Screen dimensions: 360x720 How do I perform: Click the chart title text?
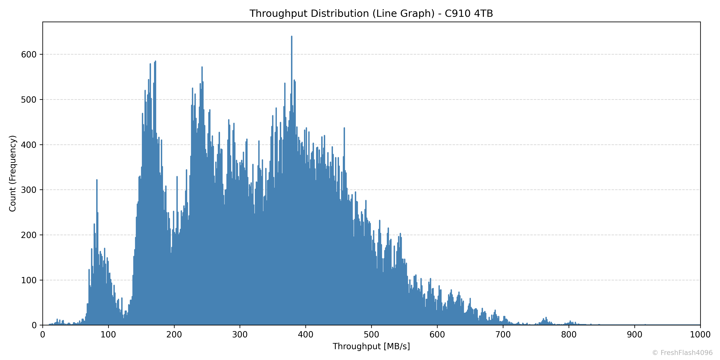tap(371, 13)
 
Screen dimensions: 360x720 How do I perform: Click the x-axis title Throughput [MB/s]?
tap(371, 346)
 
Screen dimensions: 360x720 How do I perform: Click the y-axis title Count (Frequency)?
tap(13, 173)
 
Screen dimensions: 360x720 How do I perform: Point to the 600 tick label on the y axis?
tap(29, 55)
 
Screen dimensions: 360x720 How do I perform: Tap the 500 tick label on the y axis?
tap(29, 100)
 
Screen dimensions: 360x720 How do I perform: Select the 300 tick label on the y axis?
tap(29, 190)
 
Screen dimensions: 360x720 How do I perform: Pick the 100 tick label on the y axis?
tap(29, 280)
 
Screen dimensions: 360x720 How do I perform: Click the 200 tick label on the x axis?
tap(174, 335)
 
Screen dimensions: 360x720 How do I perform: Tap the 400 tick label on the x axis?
tap(305, 335)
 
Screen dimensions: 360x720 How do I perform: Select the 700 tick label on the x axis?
tap(503, 335)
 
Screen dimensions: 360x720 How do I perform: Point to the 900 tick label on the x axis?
tap(634, 335)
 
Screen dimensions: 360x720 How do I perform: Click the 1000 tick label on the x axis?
tap(700, 335)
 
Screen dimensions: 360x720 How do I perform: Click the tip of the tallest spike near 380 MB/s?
tap(292, 36)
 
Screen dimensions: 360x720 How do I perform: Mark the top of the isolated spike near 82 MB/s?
tap(97, 180)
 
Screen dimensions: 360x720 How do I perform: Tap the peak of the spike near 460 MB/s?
tap(344, 128)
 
